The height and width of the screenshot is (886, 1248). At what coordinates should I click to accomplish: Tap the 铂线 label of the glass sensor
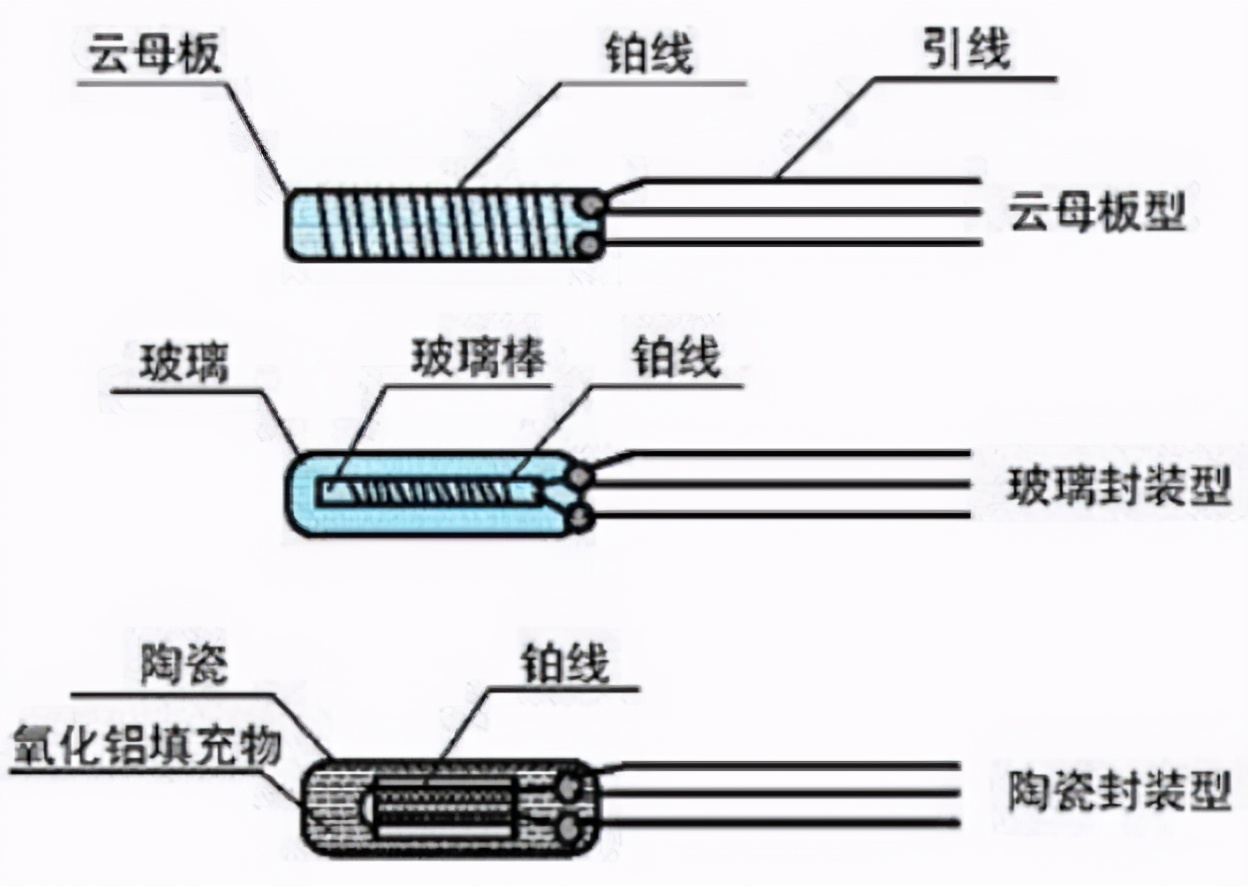[x=675, y=358]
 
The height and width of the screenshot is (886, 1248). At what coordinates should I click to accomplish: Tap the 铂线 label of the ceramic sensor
[x=565, y=663]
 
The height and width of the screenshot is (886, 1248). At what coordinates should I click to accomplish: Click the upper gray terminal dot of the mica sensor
[x=592, y=205]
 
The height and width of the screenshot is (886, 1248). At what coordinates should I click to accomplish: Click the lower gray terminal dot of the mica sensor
[x=592, y=243]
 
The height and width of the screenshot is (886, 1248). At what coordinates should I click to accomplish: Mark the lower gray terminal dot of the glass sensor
[x=579, y=517]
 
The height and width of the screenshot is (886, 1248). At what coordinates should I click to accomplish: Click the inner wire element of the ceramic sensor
[x=445, y=801]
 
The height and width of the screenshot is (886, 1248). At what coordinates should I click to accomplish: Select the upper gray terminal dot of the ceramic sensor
[x=572, y=786]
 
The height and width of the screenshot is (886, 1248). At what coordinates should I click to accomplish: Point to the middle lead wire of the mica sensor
[x=790, y=212]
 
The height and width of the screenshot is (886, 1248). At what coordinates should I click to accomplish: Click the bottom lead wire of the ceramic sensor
[x=780, y=822]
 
